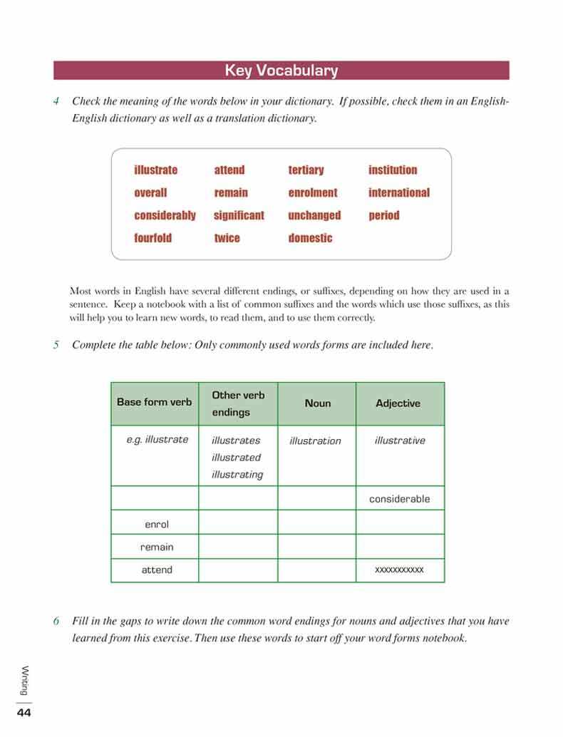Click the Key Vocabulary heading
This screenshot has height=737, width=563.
pos(281,71)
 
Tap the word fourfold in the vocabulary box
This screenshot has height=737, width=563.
pos(153,238)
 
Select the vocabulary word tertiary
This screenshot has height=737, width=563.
pos(306,170)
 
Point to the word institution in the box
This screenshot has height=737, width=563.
pos(393,170)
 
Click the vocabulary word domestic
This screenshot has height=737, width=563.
pos(310,238)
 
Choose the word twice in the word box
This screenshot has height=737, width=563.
pos(227,238)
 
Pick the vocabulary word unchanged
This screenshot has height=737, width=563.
pos(314,215)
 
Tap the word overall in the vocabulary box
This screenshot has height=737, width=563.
pos(150,192)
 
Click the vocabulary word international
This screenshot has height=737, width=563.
pos(399,192)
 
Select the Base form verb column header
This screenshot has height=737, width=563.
pos(154,402)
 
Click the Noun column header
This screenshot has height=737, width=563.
pos(317,403)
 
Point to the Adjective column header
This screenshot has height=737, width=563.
pos(398,403)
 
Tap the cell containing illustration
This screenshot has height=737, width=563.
pos(315,441)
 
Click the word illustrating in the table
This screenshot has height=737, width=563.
pos(237,475)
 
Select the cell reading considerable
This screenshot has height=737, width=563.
pos(399,499)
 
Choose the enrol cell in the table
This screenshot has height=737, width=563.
pos(157,524)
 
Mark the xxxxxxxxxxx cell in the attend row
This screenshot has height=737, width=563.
pos(399,569)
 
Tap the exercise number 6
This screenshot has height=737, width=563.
pos(56,621)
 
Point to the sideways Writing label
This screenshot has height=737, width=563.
pos(25,681)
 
